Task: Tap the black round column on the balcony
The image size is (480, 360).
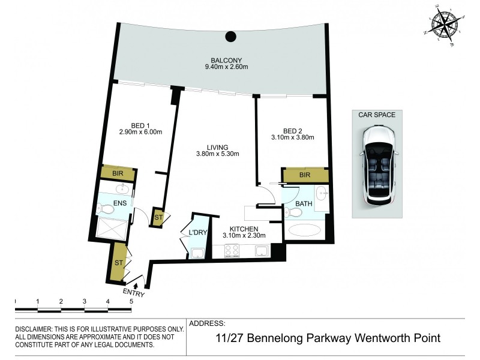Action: click(230, 37)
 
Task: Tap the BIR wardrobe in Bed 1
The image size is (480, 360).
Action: click(118, 173)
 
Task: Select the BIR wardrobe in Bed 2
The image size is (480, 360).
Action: click(305, 175)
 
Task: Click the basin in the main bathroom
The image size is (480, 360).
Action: click(321, 193)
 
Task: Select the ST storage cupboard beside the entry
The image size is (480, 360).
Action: click(118, 262)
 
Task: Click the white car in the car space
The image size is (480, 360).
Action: click(377, 164)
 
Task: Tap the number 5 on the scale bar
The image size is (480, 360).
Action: click(131, 301)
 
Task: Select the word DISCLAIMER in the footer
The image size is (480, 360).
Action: click(35, 329)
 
